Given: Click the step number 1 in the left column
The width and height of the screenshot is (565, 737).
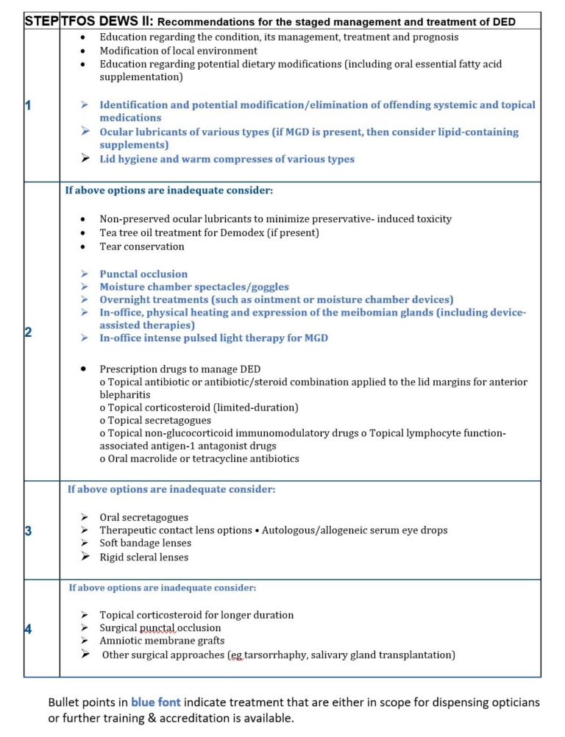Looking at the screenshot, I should [x=28, y=105].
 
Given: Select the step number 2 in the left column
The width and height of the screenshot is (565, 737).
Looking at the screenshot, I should [x=28, y=332].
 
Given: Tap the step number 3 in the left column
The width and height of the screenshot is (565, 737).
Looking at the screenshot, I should [x=28, y=530].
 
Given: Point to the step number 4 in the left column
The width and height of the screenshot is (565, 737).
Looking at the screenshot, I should [x=28, y=629].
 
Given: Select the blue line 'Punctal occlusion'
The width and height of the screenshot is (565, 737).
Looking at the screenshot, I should [x=143, y=274].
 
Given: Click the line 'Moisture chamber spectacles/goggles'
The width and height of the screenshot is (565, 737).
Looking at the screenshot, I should [x=194, y=287].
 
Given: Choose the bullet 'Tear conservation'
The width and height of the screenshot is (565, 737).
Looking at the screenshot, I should [x=142, y=246].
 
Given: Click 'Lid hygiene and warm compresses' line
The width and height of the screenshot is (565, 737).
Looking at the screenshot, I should [x=227, y=159].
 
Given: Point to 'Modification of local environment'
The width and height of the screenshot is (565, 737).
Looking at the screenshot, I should [x=179, y=51].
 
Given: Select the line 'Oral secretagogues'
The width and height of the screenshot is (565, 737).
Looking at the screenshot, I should [x=144, y=517].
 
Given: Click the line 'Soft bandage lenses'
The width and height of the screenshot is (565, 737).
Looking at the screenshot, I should [x=146, y=543].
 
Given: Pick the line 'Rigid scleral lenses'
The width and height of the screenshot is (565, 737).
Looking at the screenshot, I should [x=144, y=557].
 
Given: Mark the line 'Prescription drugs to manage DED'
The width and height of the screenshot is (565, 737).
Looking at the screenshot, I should [x=180, y=368].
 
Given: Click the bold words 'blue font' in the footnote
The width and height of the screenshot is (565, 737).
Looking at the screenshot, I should [x=155, y=702].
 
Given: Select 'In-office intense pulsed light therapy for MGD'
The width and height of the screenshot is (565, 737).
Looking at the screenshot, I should [x=214, y=338].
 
